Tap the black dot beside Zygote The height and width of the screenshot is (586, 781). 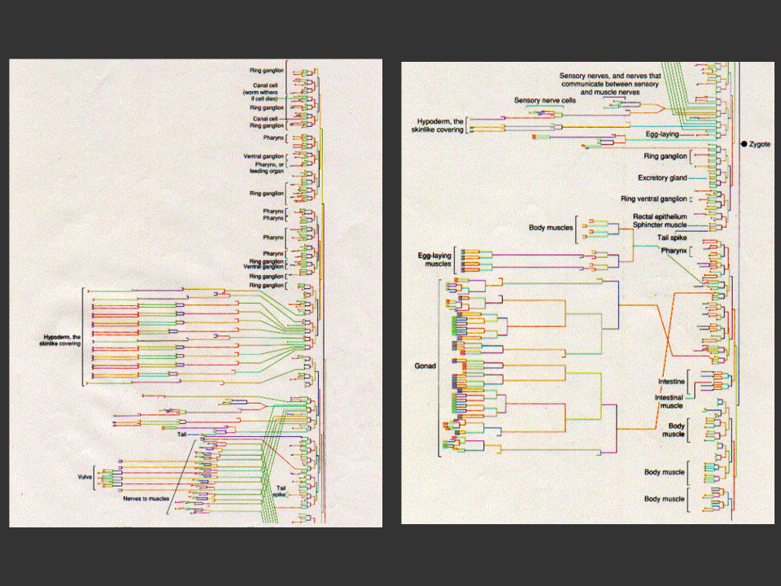coord(744,144)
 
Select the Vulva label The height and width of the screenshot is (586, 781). coord(85,476)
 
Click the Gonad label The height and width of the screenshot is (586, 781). coord(425,366)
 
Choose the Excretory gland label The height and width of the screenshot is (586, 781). coord(661,177)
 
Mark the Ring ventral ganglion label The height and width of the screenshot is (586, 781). coord(653,199)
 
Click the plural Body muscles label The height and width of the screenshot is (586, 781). coord(550,229)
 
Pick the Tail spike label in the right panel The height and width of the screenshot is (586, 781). coord(673,238)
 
